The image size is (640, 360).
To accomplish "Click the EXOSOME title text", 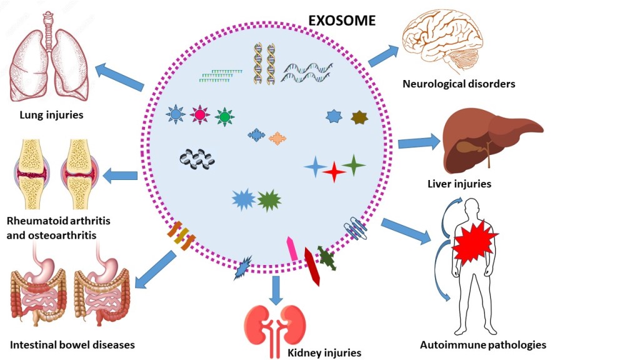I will point(342,20).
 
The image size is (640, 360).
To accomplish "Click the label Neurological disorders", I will point(459,83).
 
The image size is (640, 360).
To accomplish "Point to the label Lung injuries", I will point(51,114).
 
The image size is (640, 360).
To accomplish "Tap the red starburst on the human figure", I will point(474,240).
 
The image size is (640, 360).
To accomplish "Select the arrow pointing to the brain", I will point(383,56).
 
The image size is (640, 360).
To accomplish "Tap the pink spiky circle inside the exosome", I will point(201,115).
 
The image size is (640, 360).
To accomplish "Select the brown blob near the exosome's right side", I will point(359,117).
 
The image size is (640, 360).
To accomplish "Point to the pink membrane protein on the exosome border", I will point(292,248).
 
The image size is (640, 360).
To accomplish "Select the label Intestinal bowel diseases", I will point(72,344).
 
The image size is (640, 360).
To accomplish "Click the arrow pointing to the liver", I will point(418,142).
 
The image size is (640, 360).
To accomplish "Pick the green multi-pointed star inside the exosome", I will point(269,200).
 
